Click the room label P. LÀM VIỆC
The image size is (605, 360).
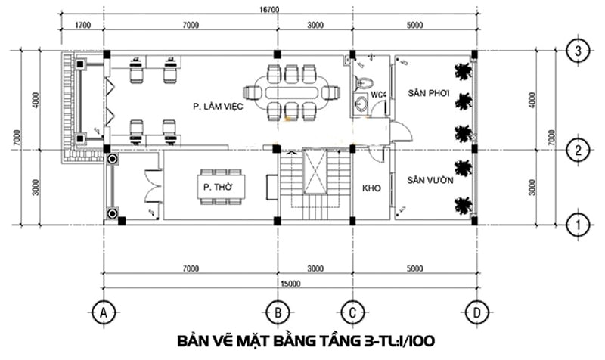tap(218, 106)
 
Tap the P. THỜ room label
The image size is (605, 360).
tap(219, 188)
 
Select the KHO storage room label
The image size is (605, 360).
tap(371, 188)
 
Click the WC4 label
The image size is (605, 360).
tap(379, 94)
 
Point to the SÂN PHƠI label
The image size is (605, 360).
tap(429, 93)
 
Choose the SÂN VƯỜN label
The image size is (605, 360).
tap(430, 180)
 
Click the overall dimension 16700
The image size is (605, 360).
tap(269, 10)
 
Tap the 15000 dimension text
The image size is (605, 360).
tap(290, 284)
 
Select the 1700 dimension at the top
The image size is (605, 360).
tap(82, 26)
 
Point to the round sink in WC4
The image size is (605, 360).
tap(362, 104)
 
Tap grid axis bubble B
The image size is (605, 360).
tap(278, 312)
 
